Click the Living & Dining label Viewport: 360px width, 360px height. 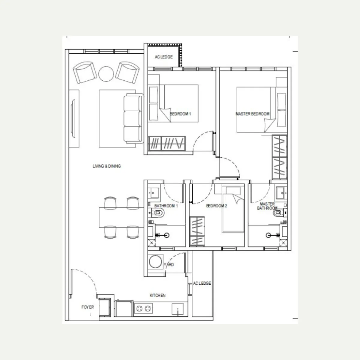click(107, 166)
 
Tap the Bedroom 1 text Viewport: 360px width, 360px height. click(180, 114)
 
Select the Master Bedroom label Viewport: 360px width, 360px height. click(252, 114)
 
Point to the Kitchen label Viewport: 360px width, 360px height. click(157, 295)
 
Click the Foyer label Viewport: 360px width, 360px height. click(88, 307)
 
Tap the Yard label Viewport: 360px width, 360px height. click(169, 265)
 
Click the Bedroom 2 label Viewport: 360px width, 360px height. click(217, 206)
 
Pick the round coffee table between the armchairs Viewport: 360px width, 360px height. click(106, 74)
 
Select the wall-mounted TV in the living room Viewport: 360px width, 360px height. click(73, 118)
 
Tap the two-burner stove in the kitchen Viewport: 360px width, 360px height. click(143, 309)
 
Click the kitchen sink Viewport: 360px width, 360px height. click(178, 309)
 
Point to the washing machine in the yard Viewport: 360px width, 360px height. click(155, 262)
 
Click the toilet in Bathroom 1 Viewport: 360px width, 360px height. click(158, 213)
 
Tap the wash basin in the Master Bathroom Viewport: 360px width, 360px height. click(281, 193)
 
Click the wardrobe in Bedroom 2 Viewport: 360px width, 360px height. click(197, 231)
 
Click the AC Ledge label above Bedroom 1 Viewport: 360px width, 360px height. click(164, 57)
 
